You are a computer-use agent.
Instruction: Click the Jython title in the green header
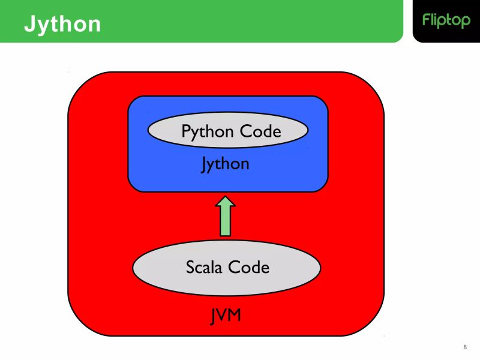(62, 24)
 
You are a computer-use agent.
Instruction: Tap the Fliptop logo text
(446, 20)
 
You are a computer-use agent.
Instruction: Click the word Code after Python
(259, 131)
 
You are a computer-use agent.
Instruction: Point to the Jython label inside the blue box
(225, 163)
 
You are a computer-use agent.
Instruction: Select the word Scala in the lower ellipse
(205, 266)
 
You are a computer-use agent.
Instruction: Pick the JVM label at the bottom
(226, 316)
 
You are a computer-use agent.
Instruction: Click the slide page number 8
(465, 347)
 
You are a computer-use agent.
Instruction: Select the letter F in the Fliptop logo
(426, 20)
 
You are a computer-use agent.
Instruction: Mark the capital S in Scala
(190, 266)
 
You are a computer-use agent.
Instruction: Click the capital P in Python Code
(186, 131)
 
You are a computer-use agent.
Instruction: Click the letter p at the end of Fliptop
(466, 22)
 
